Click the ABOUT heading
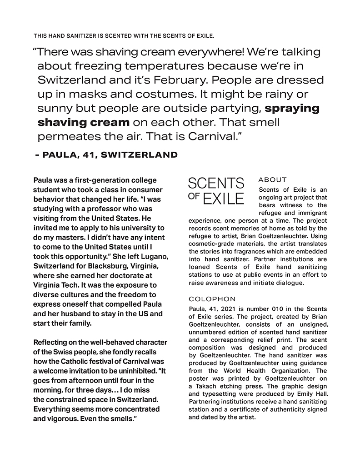(x=272, y=180)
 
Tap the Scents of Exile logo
(x=216, y=191)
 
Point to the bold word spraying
(x=292, y=109)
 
